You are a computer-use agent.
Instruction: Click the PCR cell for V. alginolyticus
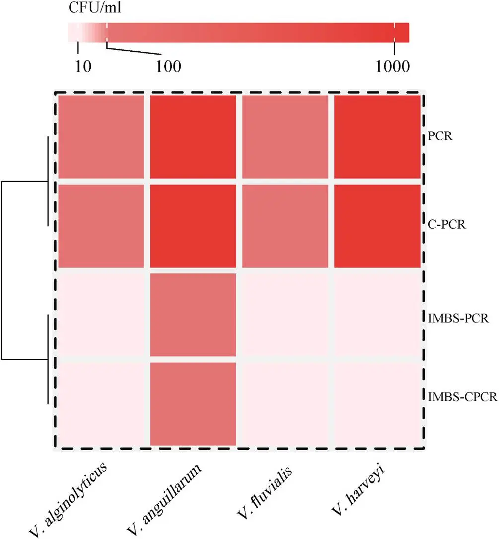click(101, 136)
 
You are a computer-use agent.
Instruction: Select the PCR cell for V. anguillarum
click(193, 136)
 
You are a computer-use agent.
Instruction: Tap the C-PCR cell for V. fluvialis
click(285, 226)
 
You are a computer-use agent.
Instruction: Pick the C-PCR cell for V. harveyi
click(377, 226)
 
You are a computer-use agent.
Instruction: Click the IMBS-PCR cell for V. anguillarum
click(193, 315)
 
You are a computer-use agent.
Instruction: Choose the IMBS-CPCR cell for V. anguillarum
click(193, 404)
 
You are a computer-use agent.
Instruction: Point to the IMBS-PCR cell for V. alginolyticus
click(101, 315)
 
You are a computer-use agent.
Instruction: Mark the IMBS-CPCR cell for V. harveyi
click(377, 404)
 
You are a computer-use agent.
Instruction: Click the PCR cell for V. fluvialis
click(285, 136)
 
